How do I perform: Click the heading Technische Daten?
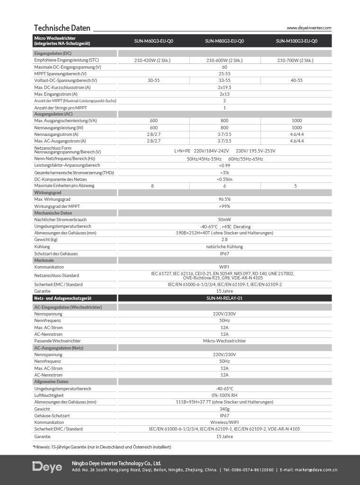pos(62,27)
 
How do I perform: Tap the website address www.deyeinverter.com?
pos(309,28)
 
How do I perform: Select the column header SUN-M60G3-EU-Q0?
pos(153,41)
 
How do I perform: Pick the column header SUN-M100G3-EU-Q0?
pos(297,41)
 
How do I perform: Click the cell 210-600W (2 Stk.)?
pos(225,61)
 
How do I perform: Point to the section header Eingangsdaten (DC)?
pos(53,54)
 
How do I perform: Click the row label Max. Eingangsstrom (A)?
pos(56,94)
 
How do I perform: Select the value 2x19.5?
pos(225,87)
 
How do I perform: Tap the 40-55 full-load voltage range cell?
pos(297,81)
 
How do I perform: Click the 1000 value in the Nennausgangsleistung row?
pos(297,128)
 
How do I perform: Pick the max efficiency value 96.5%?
pos(225,199)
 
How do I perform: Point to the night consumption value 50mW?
pos(225,220)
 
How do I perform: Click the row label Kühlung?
pos(42,247)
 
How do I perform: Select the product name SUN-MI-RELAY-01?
pos(225,298)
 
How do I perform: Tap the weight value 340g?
pos(225,409)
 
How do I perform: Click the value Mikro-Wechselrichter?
pos(225,341)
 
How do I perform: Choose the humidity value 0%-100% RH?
pos(225,395)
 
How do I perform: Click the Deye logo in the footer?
pos(47,467)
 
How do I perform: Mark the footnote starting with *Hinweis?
pos(102,447)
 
